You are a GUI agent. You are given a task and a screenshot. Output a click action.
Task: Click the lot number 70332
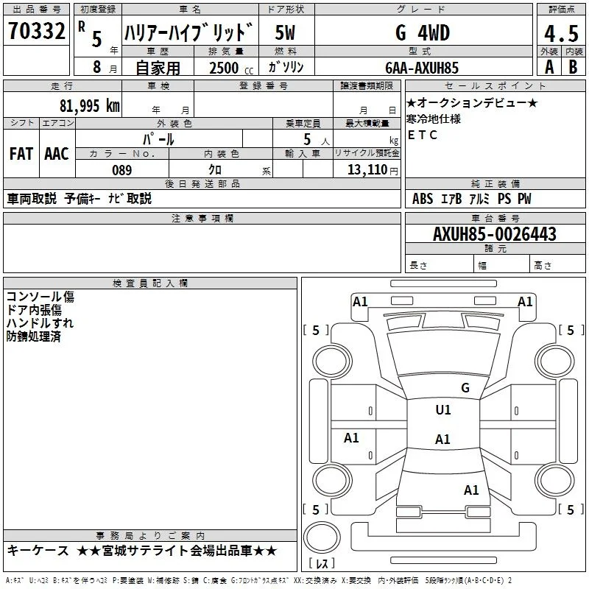(x=36, y=31)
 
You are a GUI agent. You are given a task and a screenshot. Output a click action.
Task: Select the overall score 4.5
(x=561, y=33)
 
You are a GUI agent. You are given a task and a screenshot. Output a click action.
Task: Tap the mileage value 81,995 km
(x=89, y=106)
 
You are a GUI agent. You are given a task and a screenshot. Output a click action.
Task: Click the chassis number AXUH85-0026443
(x=495, y=233)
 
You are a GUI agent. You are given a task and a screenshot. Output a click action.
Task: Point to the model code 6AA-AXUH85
(x=422, y=68)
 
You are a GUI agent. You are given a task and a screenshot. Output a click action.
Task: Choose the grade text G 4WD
(x=423, y=33)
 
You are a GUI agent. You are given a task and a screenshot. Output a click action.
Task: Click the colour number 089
(x=122, y=170)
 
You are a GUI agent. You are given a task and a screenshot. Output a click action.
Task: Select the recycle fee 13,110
(x=367, y=169)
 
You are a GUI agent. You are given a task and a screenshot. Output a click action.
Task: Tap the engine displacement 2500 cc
(x=231, y=68)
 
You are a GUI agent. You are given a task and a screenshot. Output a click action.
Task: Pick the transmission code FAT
(x=21, y=154)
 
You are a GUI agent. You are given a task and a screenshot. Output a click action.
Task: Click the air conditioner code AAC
(x=57, y=154)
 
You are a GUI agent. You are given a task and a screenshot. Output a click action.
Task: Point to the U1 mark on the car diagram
(x=443, y=409)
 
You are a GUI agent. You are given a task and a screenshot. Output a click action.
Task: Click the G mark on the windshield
(x=465, y=387)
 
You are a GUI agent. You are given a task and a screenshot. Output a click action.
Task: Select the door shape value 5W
(x=285, y=33)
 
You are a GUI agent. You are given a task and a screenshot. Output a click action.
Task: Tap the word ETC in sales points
(x=422, y=135)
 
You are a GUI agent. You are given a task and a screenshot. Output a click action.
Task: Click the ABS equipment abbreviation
(x=423, y=199)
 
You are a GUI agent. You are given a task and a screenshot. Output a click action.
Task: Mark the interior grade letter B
(x=573, y=67)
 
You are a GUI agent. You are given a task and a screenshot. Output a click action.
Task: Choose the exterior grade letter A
(x=549, y=67)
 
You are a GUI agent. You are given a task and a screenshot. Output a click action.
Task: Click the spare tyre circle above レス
(x=322, y=537)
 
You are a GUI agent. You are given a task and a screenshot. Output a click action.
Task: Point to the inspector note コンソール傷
(x=40, y=297)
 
